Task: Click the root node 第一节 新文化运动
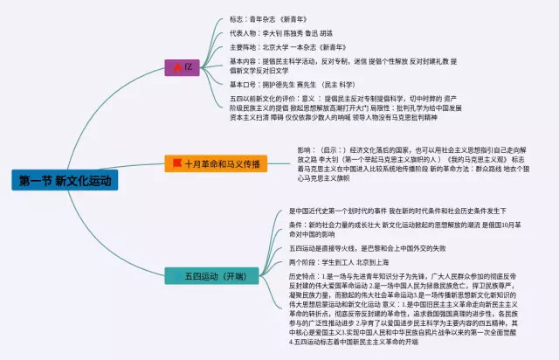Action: pos(64,181)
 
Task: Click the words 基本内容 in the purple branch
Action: pos(242,61)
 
